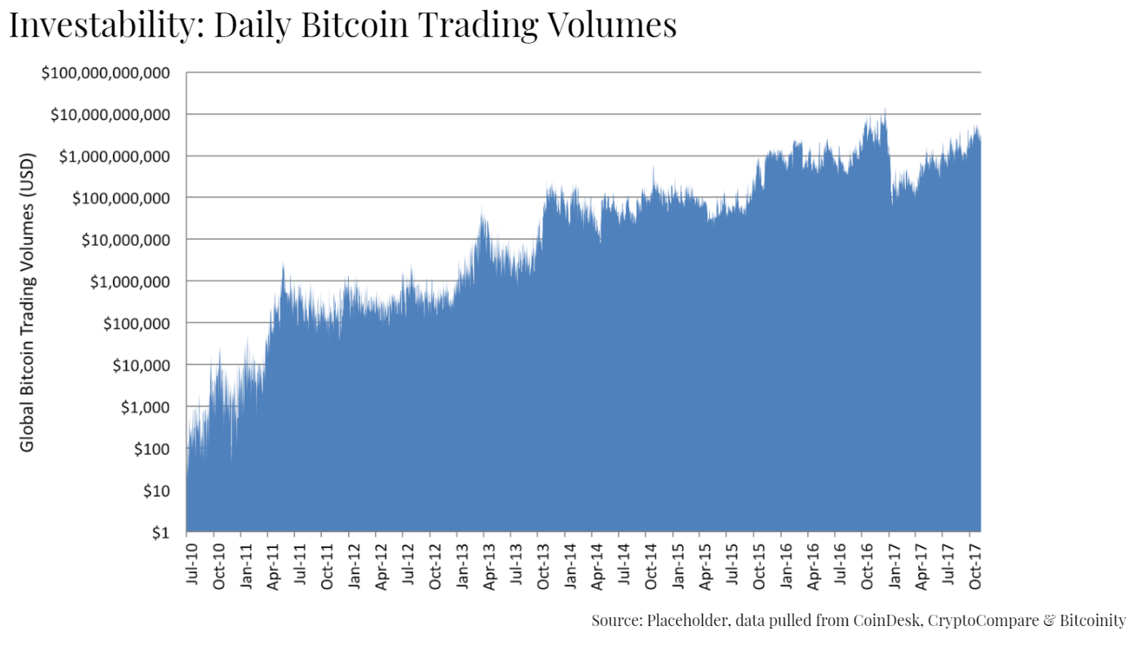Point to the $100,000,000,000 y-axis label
coord(106,73)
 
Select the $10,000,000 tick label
coord(125,240)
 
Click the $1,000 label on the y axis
coord(145,407)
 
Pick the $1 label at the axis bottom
coord(160,533)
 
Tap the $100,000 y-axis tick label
coord(136,324)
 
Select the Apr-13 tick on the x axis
coord(489,566)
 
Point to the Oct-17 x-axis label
coord(975,566)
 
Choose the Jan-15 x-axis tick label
coord(678,566)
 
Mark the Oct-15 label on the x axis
coord(759,566)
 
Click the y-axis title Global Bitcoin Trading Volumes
coord(27,302)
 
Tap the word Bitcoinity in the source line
coord(1092,620)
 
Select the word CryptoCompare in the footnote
coord(983,620)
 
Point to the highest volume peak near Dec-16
coord(885,110)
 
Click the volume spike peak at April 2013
coord(482,208)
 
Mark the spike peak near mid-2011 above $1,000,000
coord(283,264)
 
